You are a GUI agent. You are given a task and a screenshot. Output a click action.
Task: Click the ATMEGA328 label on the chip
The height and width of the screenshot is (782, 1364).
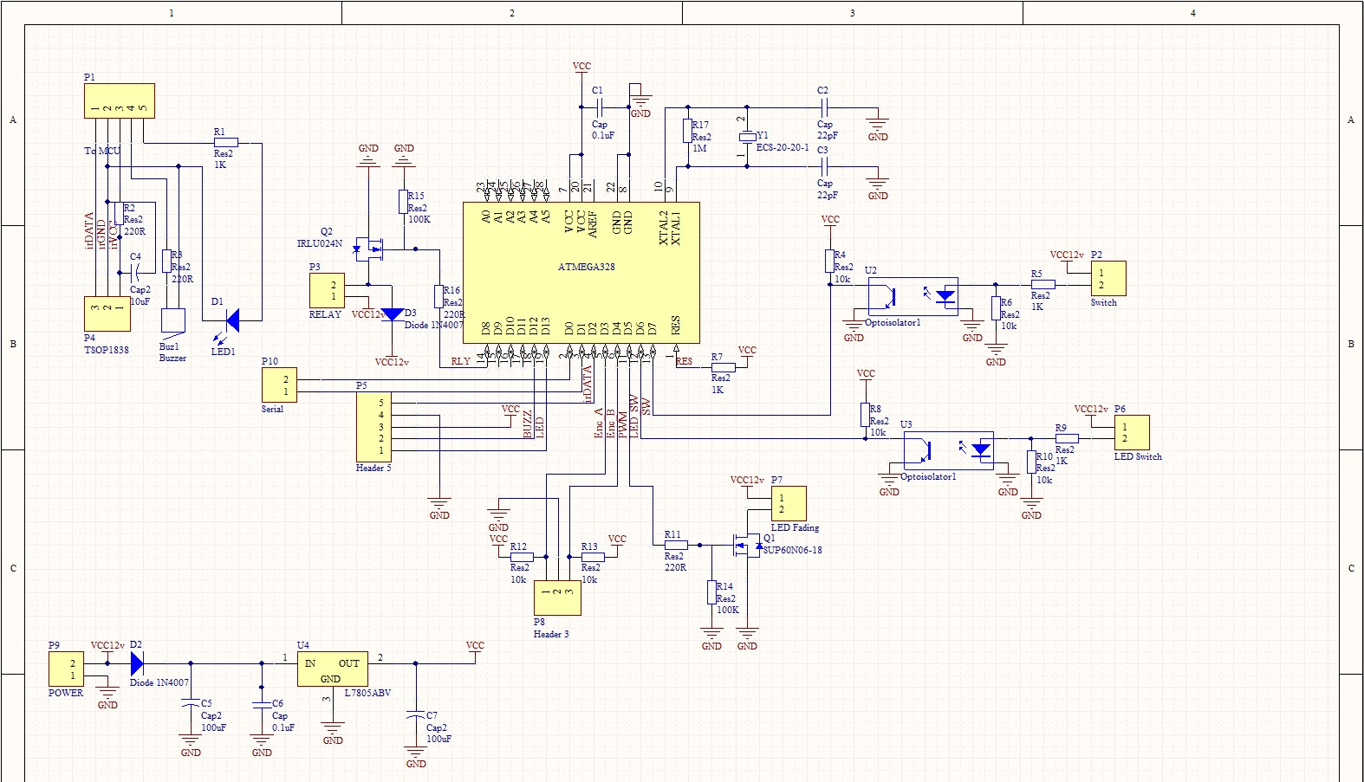(x=586, y=267)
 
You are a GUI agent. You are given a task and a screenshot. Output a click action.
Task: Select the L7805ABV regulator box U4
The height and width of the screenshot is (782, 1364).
(x=333, y=669)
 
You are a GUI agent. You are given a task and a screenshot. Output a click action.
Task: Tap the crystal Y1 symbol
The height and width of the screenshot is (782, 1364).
(x=747, y=137)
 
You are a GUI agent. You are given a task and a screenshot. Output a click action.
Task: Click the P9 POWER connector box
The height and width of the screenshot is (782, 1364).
(x=67, y=669)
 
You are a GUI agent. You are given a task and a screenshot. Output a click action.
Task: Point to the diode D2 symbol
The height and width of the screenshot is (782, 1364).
(x=137, y=663)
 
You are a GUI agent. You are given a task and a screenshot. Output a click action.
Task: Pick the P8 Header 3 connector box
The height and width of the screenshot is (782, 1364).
(x=557, y=598)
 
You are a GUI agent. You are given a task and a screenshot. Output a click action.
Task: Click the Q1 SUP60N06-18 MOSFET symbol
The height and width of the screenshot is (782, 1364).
(x=746, y=545)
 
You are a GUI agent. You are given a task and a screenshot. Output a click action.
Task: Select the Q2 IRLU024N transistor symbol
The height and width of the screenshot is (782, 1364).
(x=371, y=249)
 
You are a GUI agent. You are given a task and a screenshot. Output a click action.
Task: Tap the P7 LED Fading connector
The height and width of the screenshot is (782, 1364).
(x=789, y=503)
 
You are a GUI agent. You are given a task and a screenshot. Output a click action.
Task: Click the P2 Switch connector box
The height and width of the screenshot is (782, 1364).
(x=1108, y=279)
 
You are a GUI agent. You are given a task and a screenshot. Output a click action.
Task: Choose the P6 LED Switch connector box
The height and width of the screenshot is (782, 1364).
(x=1132, y=432)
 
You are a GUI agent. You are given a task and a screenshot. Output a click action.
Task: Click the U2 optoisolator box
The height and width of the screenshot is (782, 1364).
(x=913, y=296)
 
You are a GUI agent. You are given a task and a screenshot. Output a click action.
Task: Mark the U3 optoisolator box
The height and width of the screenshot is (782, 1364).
(x=949, y=450)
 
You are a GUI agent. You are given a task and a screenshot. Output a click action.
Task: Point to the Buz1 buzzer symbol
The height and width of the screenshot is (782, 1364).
(x=172, y=320)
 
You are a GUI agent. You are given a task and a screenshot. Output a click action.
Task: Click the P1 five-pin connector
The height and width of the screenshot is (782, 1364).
(x=120, y=100)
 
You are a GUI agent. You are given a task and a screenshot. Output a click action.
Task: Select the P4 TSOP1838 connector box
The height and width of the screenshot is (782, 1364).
(x=107, y=313)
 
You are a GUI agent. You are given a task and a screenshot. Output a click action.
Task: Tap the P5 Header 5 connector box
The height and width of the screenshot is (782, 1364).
(x=373, y=427)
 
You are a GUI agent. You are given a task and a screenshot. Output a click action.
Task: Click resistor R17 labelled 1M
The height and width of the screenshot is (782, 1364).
(x=687, y=131)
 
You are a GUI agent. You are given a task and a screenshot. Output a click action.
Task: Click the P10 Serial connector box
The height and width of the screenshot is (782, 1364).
(x=279, y=385)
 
